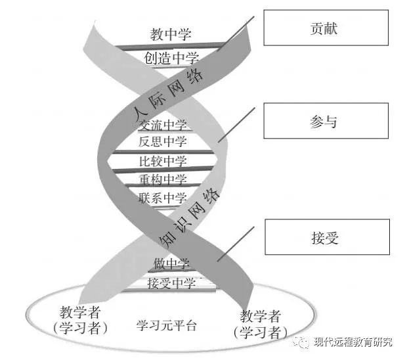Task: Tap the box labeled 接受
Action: point(327,237)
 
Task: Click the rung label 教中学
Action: point(169,34)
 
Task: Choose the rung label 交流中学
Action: point(163,125)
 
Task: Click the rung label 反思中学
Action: point(163,141)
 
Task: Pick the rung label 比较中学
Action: point(163,161)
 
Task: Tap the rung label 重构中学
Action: point(163,179)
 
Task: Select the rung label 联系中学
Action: point(163,198)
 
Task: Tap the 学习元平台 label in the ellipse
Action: point(167,326)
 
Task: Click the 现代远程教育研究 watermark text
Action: point(353,342)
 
